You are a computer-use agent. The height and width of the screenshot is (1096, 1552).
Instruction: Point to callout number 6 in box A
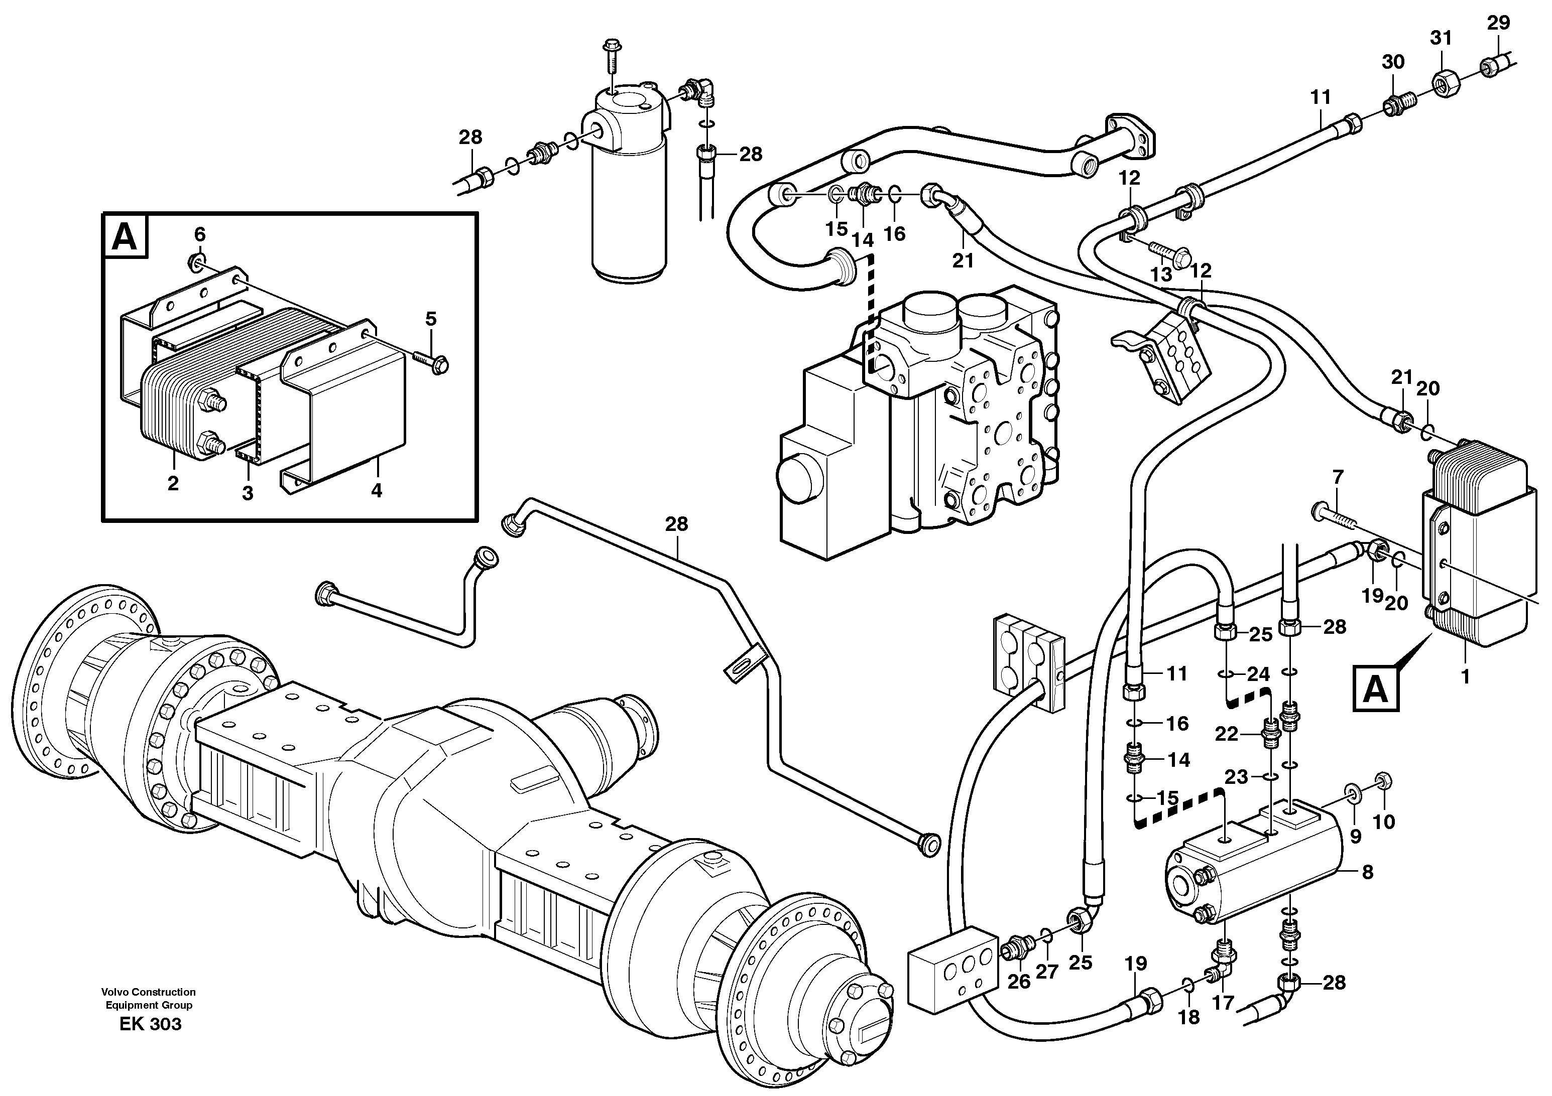pyautogui.click(x=199, y=234)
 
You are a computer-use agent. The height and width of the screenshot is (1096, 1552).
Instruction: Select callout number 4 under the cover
pyautogui.click(x=377, y=490)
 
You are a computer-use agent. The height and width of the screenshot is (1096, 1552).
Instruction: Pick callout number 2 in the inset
pyautogui.click(x=173, y=483)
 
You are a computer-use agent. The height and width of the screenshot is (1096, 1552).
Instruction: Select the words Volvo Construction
pyautogui.click(x=149, y=992)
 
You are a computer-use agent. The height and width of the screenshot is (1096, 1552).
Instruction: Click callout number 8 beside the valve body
pyautogui.click(x=1367, y=872)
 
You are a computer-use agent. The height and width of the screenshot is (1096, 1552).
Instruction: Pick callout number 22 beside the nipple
pyautogui.click(x=1226, y=734)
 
